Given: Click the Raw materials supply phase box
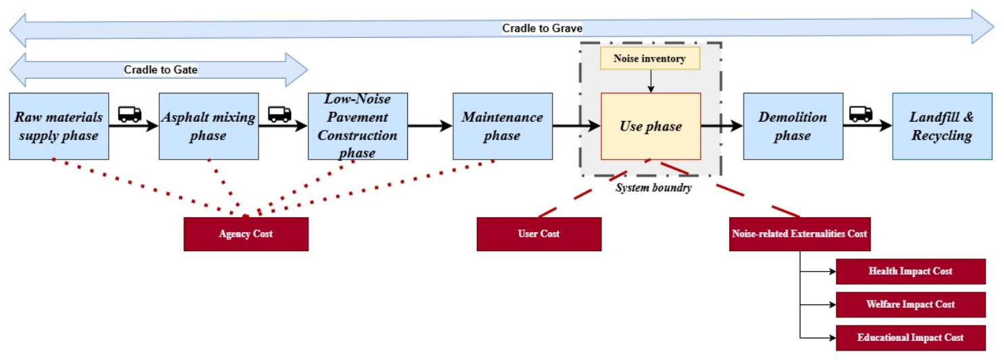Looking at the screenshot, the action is click(59, 126).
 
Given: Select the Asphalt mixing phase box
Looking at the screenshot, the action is click(208, 126).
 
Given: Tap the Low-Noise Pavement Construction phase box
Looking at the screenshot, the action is click(358, 126).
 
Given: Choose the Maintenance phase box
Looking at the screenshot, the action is click(503, 126).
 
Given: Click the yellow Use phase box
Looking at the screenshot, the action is click(651, 126).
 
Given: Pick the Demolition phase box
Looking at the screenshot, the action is click(793, 126).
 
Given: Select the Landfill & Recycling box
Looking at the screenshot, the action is click(942, 126).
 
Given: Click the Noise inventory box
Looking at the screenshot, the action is click(650, 58).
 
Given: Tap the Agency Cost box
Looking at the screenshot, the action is click(246, 234).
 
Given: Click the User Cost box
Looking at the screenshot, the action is click(539, 234).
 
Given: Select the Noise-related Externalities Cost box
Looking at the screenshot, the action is click(800, 234).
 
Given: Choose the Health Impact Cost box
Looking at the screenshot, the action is click(911, 271).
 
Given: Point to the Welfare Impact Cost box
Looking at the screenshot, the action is click(911, 305).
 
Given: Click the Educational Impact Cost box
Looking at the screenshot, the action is click(911, 338).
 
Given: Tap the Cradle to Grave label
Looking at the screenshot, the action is click(542, 28).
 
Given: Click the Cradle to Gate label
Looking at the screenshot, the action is click(160, 70).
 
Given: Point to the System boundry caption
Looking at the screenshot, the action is click(654, 187).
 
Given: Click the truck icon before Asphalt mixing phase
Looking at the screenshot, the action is click(129, 114).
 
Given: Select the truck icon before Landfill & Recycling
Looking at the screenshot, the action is click(861, 114).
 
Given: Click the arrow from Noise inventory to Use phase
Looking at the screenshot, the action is click(651, 81).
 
